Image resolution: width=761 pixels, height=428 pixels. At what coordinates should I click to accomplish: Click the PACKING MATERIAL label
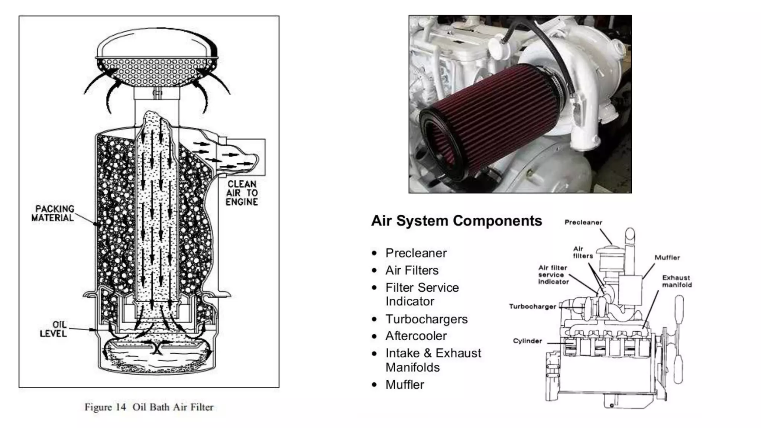click(53, 213)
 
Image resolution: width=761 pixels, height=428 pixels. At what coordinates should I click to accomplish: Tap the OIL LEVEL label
click(53, 329)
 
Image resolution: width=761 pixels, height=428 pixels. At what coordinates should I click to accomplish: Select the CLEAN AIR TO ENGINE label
click(242, 193)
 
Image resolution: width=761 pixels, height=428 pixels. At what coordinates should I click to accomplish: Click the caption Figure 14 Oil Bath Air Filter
click(149, 407)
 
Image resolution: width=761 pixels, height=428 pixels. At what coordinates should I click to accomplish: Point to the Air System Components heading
click(456, 221)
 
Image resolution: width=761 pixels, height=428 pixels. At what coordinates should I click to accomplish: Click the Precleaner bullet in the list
click(416, 253)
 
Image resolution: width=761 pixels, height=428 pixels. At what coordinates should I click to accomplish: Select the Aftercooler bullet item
click(416, 336)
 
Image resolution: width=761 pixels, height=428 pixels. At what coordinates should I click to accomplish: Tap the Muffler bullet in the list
click(405, 385)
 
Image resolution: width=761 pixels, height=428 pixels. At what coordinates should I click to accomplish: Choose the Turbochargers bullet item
click(426, 319)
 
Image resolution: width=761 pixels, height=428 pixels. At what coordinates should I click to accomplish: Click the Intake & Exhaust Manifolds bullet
click(433, 360)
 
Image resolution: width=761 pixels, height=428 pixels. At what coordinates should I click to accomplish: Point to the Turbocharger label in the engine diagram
click(532, 307)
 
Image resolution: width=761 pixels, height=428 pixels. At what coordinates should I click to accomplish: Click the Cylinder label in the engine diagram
click(527, 341)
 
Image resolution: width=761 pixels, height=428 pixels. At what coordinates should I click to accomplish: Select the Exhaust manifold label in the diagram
click(677, 281)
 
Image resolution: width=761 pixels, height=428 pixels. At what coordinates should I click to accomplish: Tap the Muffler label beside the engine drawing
click(667, 257)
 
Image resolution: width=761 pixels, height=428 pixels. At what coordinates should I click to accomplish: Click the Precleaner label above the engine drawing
click(583, 222)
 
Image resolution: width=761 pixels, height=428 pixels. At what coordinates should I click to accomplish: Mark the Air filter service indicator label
click(553, 275)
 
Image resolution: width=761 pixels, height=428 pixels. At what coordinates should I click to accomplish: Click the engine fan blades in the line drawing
click(679, 338)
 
